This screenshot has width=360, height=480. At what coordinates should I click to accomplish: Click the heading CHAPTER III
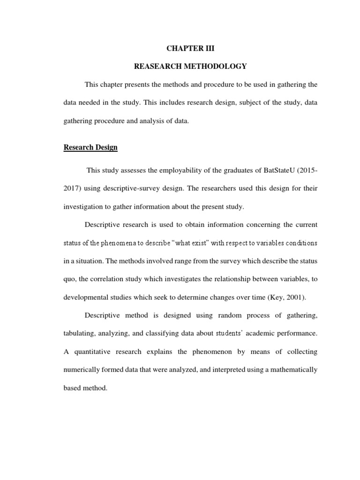click(190, 48)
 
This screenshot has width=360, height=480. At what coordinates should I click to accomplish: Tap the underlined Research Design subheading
click(90, 148)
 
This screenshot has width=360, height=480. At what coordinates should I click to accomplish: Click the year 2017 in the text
click(72, 188)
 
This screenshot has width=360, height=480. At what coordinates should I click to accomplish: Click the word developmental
click(85, 298)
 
